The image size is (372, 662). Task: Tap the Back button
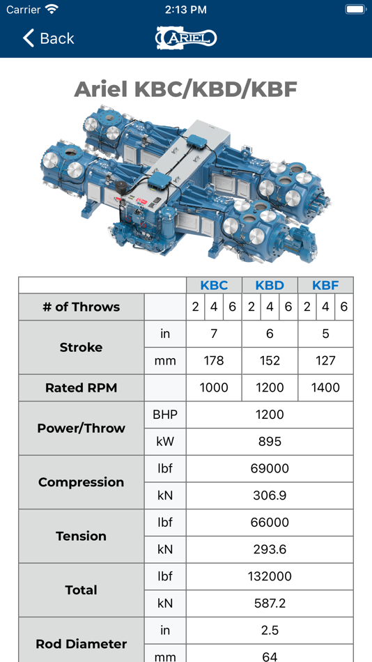coord(48,38)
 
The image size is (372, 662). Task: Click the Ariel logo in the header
coord(186,38)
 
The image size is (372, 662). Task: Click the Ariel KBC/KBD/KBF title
coord(186,89)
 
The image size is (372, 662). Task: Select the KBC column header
coord(214,285)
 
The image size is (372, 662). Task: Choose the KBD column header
coord(270,285)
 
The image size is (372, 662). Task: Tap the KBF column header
coord(325,285)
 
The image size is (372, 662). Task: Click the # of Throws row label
coord(81,307)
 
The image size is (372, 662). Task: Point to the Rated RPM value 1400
coord(325,387)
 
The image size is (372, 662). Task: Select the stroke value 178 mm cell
coord(214,360)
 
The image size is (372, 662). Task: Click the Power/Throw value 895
coord(270,442)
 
